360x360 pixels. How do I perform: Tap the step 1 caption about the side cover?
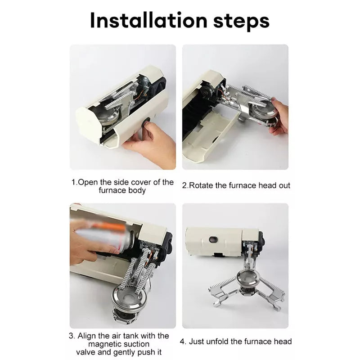click(x=122, y=186)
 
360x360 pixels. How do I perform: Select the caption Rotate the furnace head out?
click(x=236, y=185)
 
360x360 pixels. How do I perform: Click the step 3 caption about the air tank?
click(x=119, y=344)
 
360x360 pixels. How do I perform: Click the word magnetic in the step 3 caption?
click(x=101, y=344)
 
